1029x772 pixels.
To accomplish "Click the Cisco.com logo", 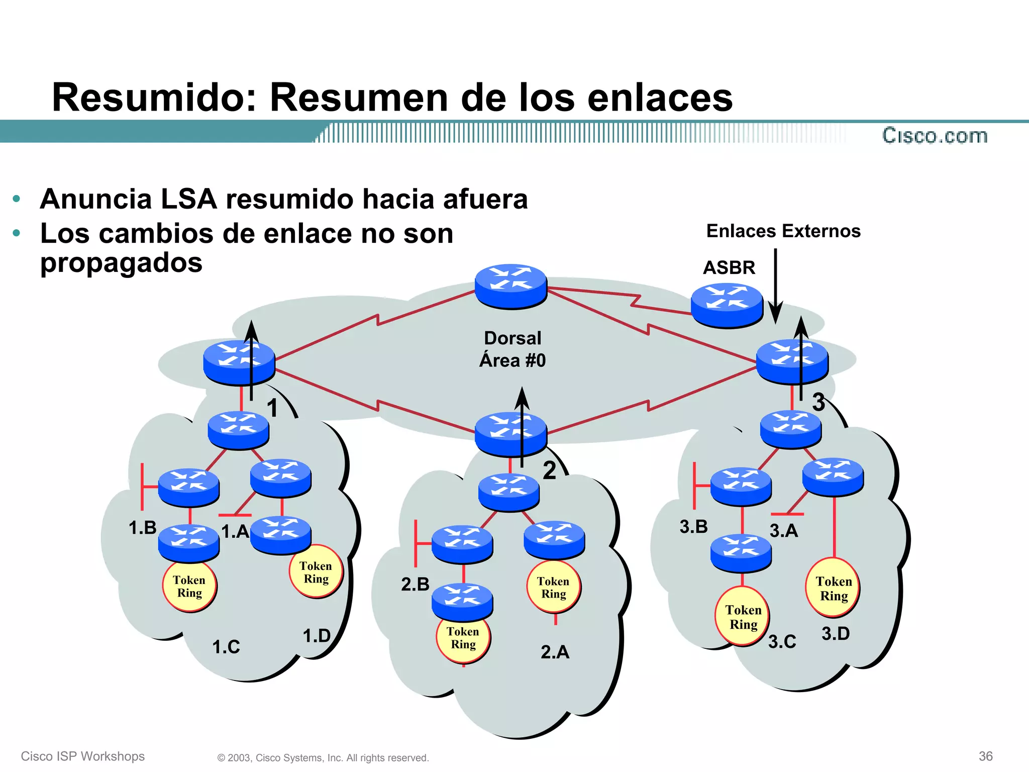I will coord(935,136).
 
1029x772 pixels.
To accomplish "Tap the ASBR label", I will coord(729,267).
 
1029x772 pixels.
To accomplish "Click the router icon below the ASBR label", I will coord(727,305).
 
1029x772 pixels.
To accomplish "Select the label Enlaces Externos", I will coord(783,231).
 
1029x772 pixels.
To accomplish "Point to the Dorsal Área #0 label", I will coord(512,349).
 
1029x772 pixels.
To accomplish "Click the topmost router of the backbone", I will coord(511,285).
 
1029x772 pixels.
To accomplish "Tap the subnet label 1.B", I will coord(143,528).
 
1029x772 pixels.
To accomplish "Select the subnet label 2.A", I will coord(555,652).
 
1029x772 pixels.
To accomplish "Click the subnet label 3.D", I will coord(836,633).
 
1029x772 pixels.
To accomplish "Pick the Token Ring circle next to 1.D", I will coord(316,572).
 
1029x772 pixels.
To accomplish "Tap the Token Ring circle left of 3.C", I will coord(743,617).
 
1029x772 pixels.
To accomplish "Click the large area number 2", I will coord(550,470).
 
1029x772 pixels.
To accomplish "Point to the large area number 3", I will coord(819,402).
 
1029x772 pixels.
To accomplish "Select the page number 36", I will coord(985,756).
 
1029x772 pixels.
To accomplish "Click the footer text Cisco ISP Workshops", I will coord(83,756).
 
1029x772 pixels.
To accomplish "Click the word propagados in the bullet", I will coord(121,263).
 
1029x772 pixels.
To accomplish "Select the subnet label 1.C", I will coord(226,647).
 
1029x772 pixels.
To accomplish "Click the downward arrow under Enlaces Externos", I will coord(776,286).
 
